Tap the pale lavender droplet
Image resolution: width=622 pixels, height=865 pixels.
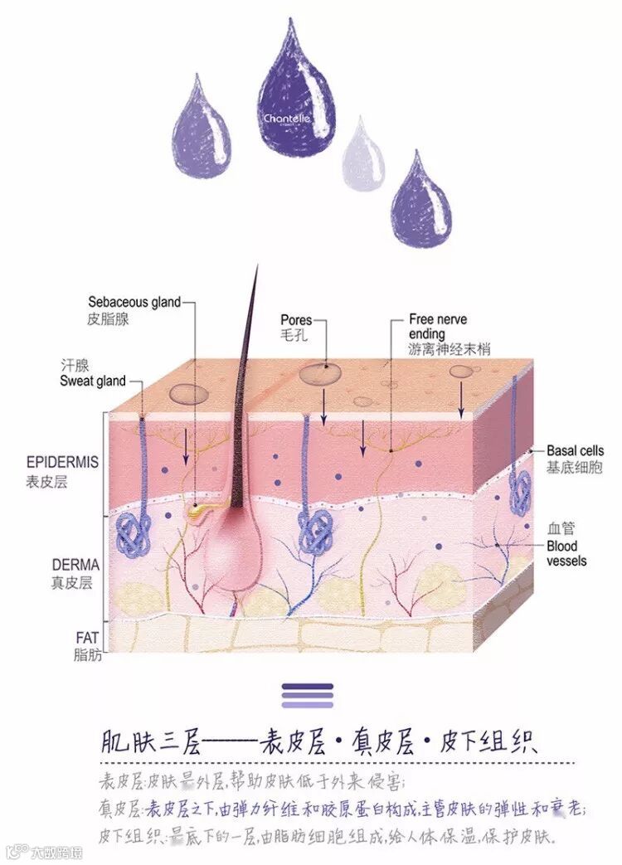(363, 158)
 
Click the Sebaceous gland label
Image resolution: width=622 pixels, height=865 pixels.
(134, 302)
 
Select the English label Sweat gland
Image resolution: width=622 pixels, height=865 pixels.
(93, 381)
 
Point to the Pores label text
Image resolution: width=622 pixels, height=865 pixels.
(296, 319)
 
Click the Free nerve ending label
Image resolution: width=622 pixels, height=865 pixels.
(438, 326)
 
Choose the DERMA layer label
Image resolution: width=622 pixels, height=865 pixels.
(75, 565)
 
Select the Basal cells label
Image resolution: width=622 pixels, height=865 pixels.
(575, 451)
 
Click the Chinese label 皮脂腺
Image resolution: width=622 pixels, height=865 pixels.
(108, 318)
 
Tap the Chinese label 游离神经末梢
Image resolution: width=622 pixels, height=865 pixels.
(449, 350)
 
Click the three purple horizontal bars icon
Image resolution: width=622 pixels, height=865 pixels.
(307, 695)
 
